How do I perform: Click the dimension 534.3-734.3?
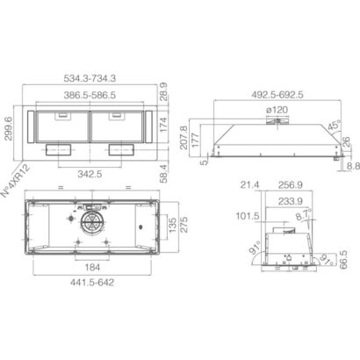[90, 78]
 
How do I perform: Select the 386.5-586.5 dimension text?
[90, 95]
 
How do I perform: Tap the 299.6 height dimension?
[9, 128]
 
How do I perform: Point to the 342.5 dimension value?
[90, 174]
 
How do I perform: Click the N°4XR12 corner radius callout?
[16, 181]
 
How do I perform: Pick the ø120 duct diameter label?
[277, 110]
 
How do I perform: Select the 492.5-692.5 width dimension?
[277, 95]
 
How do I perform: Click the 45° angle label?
[335, 126]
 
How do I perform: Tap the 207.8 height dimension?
[184, 138]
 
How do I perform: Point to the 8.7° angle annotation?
[304, 214]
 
